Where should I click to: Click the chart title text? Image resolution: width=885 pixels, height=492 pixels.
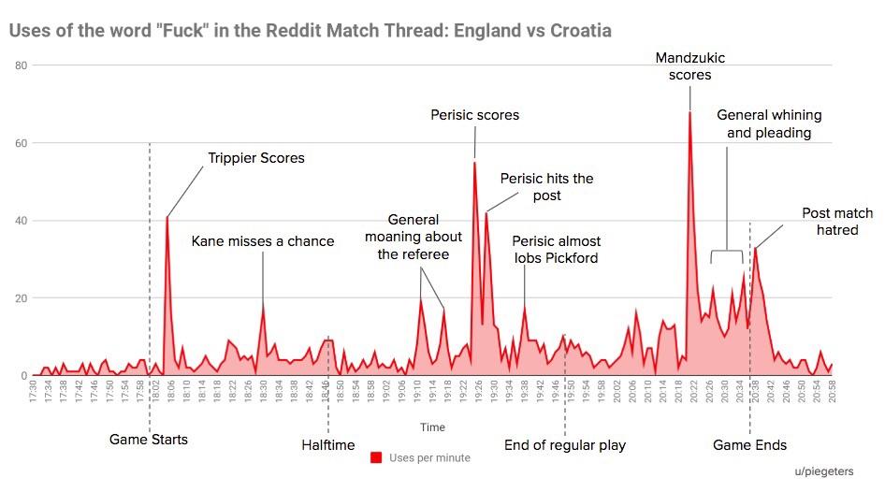click(310, 31)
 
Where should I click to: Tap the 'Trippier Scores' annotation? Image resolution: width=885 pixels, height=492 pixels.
click(255, 158)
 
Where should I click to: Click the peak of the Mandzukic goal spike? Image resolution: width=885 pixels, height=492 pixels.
click(689, 112)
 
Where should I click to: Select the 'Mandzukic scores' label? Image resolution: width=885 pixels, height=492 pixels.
click(689, 66)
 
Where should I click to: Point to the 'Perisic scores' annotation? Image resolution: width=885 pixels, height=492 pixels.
click(474, 115)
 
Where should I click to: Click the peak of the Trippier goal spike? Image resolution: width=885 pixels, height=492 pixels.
click(167, 217)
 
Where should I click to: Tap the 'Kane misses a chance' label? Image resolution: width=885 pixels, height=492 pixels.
click(262, 241)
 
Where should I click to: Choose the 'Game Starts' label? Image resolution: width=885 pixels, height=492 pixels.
click(149, 439)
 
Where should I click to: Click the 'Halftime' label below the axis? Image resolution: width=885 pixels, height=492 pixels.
click(327, 444)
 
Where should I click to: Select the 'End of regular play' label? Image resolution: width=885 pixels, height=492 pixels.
click(565, 444)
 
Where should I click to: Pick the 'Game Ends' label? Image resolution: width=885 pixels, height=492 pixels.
click(749, 444)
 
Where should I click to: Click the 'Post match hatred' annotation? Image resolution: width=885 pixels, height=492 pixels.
click(830, 222)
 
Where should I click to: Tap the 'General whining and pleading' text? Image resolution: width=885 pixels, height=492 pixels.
click(769, 123)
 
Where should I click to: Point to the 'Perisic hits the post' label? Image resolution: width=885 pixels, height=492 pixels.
click(546, 186)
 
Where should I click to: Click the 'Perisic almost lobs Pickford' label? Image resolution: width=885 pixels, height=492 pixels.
click(558, 250)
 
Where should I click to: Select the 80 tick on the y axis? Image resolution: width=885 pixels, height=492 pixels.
click(22, 65)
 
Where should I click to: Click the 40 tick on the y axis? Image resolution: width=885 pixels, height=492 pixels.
click(22, 221)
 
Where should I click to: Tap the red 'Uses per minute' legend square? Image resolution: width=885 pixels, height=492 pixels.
click(377, 457)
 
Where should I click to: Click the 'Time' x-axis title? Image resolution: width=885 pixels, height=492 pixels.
click(432, 427)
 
